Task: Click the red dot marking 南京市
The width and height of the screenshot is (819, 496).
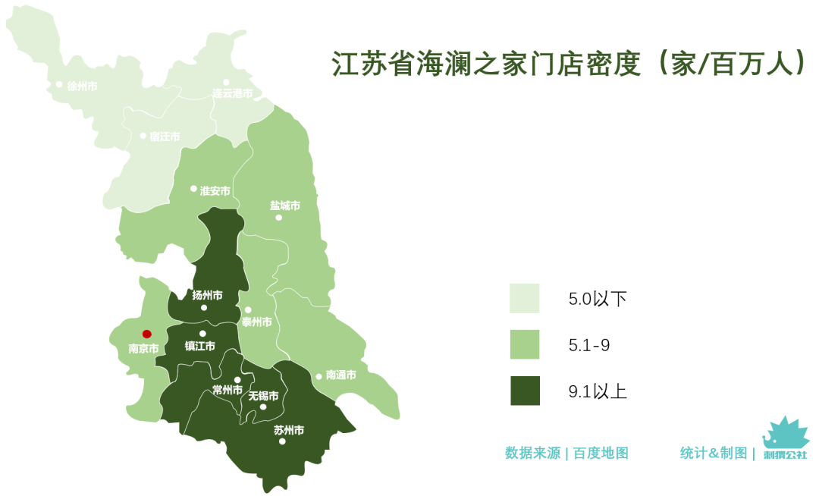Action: (147, 334)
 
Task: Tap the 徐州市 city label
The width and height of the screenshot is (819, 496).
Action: (82, 86)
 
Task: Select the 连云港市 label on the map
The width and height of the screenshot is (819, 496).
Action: (232, 94)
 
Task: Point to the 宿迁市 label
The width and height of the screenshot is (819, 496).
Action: (165, 137)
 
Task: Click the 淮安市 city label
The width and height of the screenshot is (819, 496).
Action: (215, 191)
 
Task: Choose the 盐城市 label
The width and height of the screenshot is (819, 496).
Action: (285, 206)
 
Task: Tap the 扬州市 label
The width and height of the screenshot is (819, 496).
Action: (207, 295)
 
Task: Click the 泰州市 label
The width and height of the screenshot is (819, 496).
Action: (256, 322)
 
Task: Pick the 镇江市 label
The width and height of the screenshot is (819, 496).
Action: (200, 347)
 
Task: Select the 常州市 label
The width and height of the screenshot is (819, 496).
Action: (227, 391)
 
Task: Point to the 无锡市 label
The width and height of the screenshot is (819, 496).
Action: (263, 396)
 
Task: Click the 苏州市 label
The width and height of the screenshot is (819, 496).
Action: (288, 430)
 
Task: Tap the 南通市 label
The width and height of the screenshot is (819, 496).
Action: (340, 375)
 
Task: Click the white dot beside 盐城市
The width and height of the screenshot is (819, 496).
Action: (278, 218)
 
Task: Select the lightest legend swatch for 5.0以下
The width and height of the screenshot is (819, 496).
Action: (524, 299)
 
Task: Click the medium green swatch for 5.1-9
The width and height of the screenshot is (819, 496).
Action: (524, 345)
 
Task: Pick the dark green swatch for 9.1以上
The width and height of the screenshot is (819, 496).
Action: (524, 391)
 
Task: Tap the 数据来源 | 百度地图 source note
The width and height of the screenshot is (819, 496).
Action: (566, 454)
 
